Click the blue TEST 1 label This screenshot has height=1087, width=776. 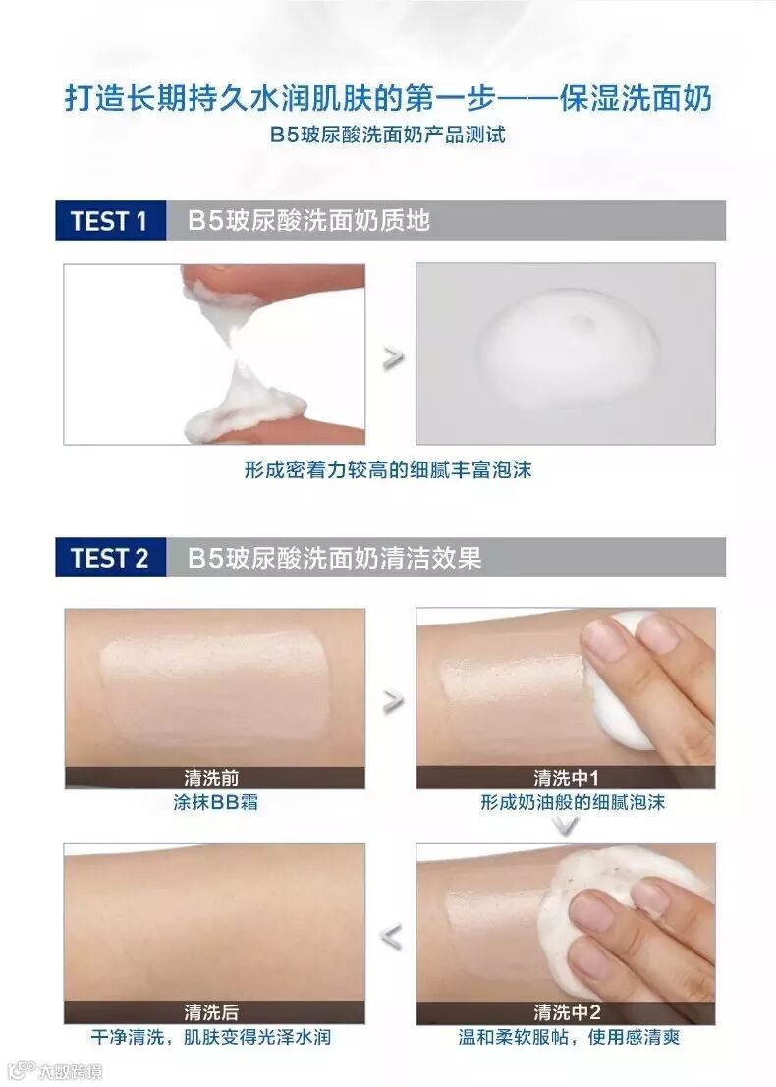tap(110, 221)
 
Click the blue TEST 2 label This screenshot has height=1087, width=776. tap(110, 558)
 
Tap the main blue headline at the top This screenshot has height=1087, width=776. tap(388, 98)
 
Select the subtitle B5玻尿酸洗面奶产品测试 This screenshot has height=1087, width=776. tap(388, 135)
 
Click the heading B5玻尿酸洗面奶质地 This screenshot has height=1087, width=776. tap(309, 221)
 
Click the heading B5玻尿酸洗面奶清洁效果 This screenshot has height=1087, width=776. tap(334, 558)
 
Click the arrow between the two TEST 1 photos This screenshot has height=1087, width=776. tap(393, 357)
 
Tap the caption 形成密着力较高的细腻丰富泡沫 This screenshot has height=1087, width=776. tap(388, 470)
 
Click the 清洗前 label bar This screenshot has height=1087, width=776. tap(214, 778)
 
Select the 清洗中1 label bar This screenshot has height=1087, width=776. tap(566, 778)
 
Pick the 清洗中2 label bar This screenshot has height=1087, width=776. tap(566, 1012)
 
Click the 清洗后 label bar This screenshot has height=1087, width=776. tap(214, 1012)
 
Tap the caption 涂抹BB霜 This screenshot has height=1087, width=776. tap(216, 803)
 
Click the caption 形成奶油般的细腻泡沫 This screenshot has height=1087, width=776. tap(573, 803)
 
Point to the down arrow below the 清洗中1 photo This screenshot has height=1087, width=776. tap(567, 826)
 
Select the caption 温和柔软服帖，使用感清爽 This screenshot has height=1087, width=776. tap(569, 1037)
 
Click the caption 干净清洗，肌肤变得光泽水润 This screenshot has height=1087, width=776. tap(211, 1037)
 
